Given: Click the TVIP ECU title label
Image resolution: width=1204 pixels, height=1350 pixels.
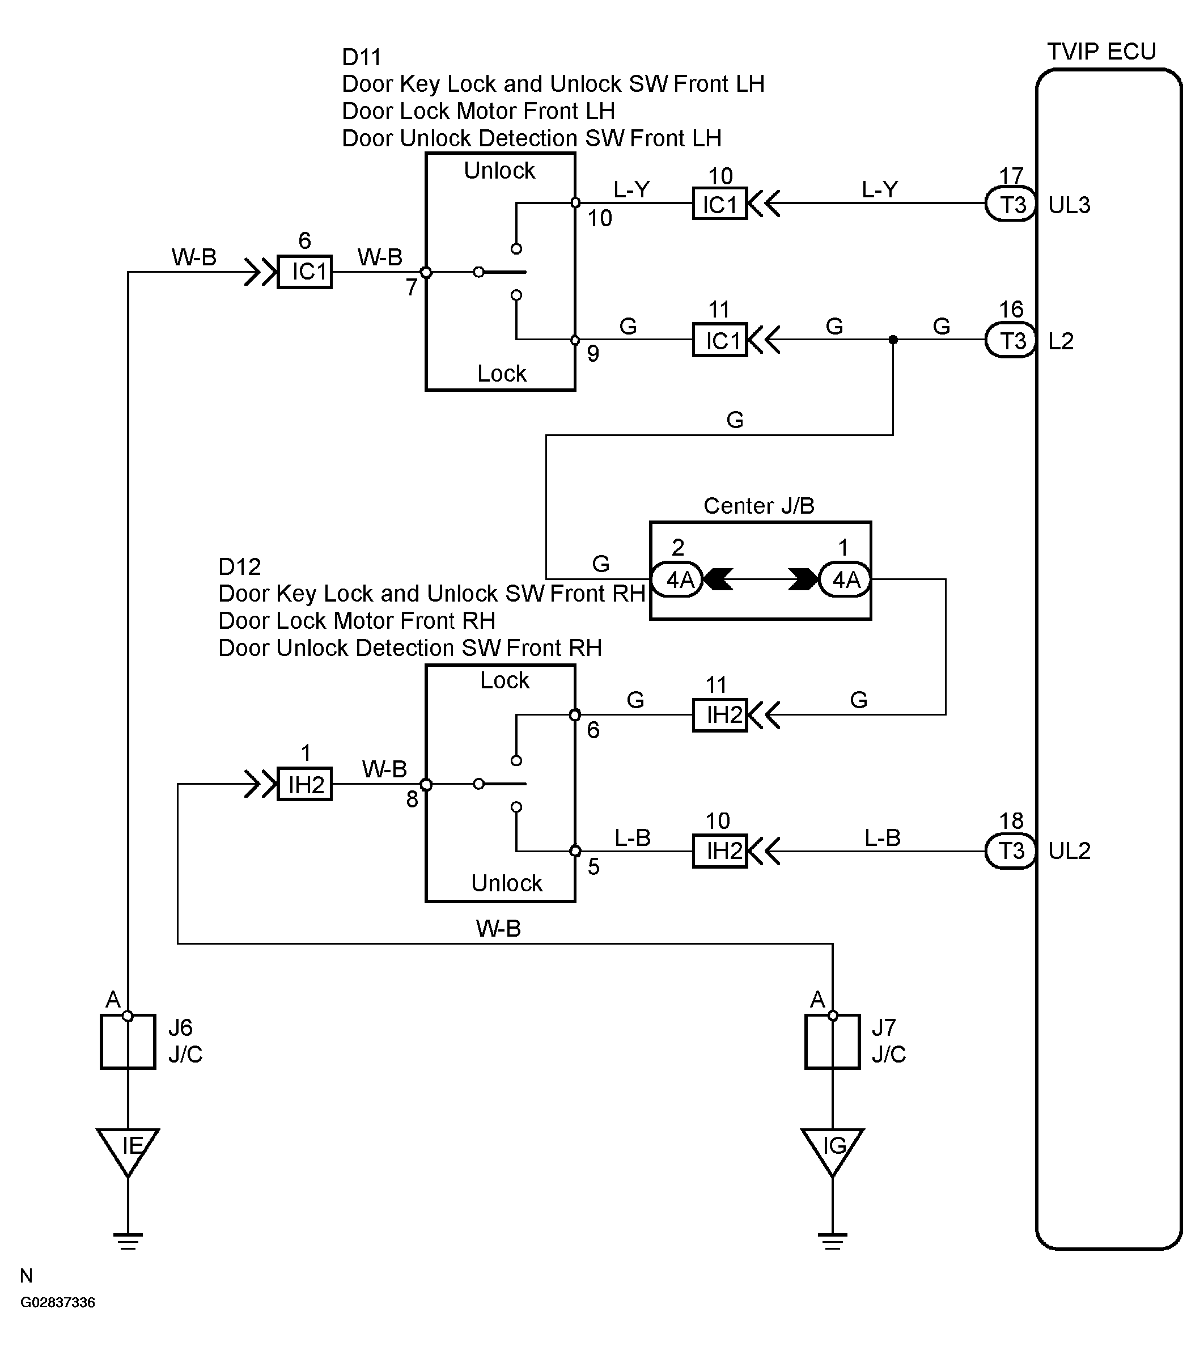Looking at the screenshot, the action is coord(1101,52).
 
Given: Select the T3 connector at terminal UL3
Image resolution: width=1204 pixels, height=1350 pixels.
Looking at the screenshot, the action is coord(1011,204).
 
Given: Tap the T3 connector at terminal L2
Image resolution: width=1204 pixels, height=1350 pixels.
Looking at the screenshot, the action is coord(1011,340).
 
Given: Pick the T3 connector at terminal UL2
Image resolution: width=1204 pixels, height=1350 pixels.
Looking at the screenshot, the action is coord(1011,851).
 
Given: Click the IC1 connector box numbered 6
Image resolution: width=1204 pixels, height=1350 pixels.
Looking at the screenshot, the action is coord(304,272).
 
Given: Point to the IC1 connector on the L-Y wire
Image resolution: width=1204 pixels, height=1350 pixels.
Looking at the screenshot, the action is coord(720,204).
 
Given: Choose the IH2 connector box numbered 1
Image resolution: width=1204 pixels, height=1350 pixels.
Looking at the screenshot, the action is coord(304,784).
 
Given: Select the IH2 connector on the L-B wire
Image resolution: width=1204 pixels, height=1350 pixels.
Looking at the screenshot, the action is coord(720,851).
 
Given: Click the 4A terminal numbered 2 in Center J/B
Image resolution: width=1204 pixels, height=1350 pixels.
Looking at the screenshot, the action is coord(677,579).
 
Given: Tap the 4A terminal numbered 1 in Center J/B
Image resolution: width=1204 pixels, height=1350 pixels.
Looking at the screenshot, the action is coord(845,579).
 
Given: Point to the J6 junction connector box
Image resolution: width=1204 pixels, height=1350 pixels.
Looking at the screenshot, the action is coord(128,1042).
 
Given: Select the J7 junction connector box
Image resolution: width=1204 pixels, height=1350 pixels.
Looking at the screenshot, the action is coord(832,1042).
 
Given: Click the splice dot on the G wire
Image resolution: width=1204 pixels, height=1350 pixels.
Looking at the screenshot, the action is coord(893,340).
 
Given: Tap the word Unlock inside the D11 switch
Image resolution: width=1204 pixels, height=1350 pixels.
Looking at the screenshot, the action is coord(499,171).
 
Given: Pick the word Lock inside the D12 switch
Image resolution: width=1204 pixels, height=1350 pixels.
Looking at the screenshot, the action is coord(505,680).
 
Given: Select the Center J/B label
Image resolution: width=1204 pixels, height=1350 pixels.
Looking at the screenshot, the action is coord(759,506).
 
